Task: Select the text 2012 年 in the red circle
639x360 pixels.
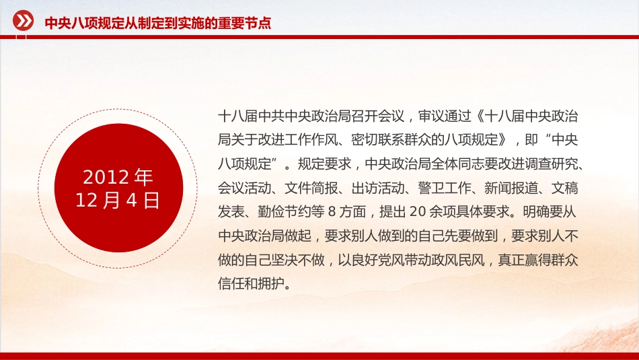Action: pyautogui.click(x=118, y=177)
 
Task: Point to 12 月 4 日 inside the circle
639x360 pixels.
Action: pyautogui.click(x=117, y=201)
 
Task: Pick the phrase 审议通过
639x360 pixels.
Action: pyautogui.click(x=445, y=116)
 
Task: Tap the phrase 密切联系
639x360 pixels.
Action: pyautogui.click(x=378, y=140)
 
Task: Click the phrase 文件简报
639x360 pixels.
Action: pyautogui.click(x=311, y=188)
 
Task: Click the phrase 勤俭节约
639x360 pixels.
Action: pyautogui.click(x=284, y=212)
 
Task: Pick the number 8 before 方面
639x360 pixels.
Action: pyautogui.click(x=332, y=212)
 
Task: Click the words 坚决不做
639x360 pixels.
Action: pyautogui.click(x=297, y=260)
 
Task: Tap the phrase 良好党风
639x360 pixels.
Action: pyautogui.click(x=378, y=260)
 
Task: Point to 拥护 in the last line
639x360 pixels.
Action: pyautogui.click(x=270, y=284)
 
